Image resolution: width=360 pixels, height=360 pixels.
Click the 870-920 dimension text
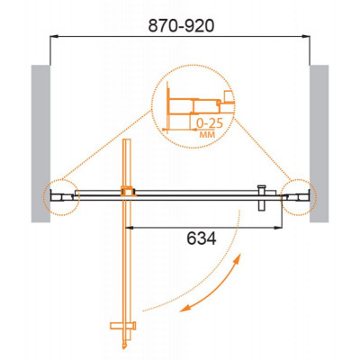click(181, 26)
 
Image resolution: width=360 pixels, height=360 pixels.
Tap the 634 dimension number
click(202, 239)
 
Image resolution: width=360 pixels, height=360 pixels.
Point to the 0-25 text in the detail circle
click(210, 123)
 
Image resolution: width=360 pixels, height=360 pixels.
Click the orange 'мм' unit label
click(208, 135)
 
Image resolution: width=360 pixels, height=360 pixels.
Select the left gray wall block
click(40, 144)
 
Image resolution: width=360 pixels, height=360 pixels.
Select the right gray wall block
click(319, 144)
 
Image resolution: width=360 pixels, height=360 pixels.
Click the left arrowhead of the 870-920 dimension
click(54, 37)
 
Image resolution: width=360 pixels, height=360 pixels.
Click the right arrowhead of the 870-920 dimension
click(306, 37)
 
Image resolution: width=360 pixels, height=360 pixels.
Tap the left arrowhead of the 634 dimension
click(129, 228)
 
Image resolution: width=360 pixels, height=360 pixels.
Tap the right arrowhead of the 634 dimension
click(278, 228)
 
